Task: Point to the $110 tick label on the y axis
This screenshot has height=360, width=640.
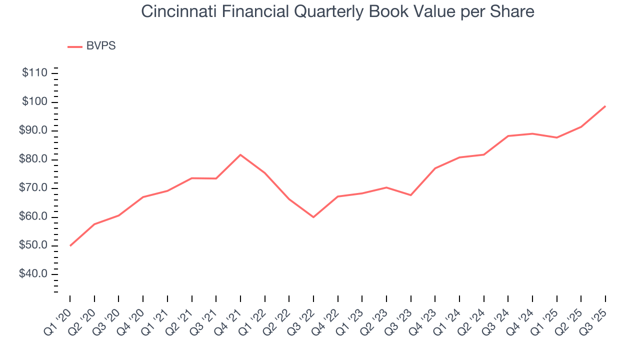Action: tap(34, 73)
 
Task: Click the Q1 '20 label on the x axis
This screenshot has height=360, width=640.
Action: tap(59, 315)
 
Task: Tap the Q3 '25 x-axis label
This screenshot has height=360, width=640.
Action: tap(594, 315)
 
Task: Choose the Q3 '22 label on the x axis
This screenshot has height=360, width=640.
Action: tap(302, 315)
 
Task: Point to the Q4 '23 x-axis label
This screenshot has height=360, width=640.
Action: tap(424, 315)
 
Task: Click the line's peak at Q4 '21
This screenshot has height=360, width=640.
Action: tap(240, 154)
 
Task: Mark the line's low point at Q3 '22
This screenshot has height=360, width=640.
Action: tap(313, 217)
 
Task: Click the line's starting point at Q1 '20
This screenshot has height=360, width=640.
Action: tap(70, 245)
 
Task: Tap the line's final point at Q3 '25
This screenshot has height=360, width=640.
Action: tap(605, 106)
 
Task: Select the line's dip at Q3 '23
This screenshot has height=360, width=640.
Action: tap(410, 195)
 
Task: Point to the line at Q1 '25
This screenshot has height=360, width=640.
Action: tap(556, 137)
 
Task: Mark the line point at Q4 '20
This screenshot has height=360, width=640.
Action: tap(143, 197)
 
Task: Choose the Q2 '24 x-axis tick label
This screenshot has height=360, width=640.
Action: tap(473, 315)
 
